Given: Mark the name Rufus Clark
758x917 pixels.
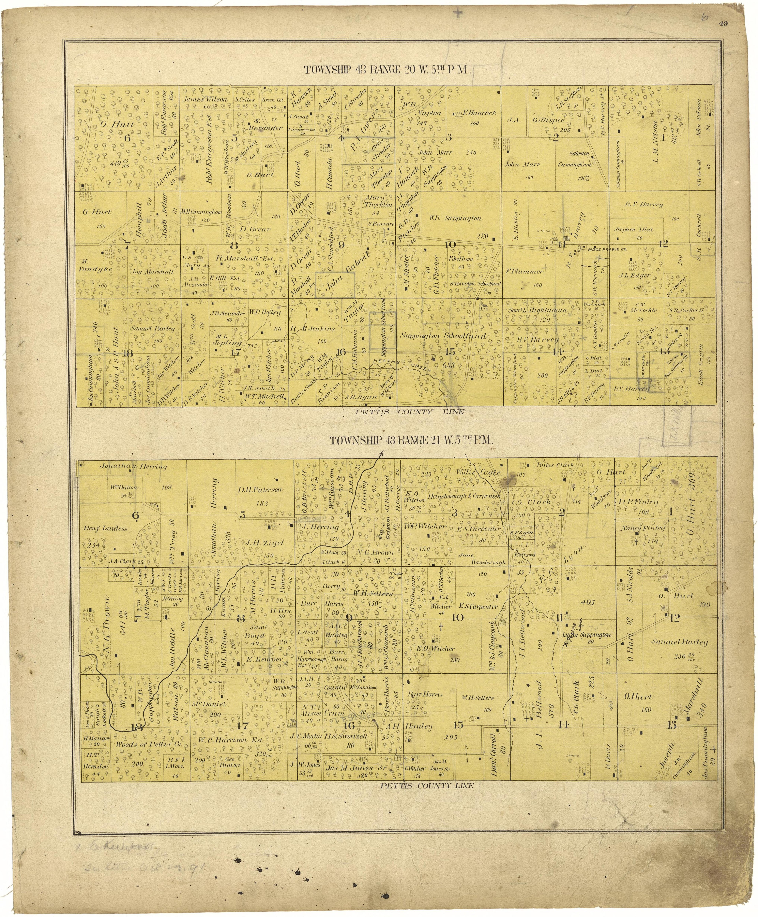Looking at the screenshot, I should pos(554,465).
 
